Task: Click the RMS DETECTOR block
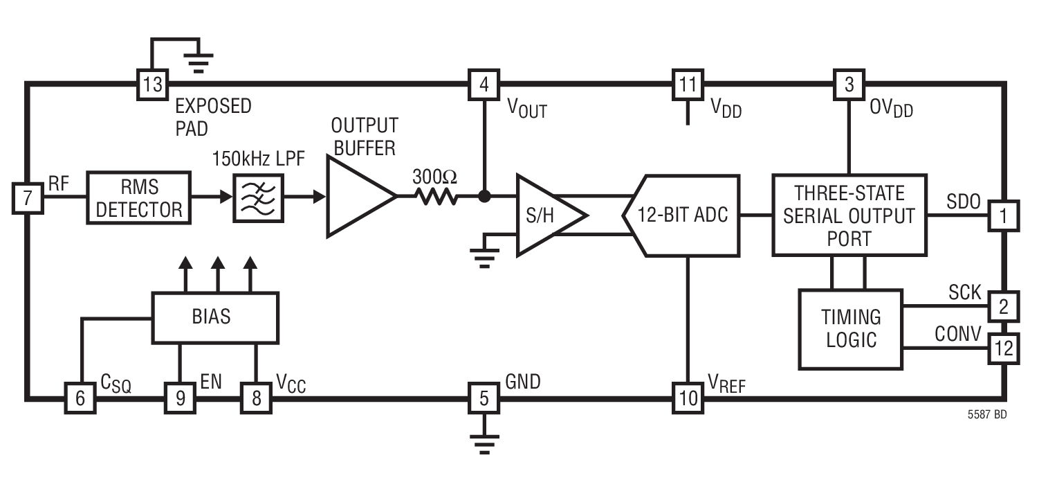(138, 197)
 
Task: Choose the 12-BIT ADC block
(681, 215)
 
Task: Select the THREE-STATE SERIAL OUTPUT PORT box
(849, 215)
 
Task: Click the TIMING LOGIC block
(850, 328)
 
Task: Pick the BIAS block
(214, 317)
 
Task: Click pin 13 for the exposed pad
(151, 85)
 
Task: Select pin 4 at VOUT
(484, 85)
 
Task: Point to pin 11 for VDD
(688, 85)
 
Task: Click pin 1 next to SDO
(1003, 215)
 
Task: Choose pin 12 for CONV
(1003, 348)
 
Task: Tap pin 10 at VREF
(688, 398)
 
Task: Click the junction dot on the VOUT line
(484, 197)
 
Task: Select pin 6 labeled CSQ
(80, 398)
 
